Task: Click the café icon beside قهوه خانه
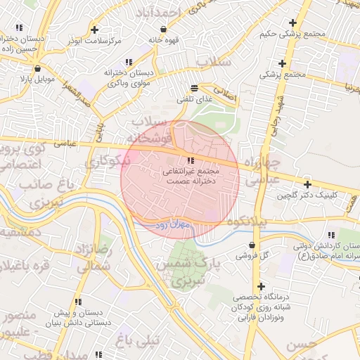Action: [164, 30]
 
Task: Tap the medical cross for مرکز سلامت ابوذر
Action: [94, 30]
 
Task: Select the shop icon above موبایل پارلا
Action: [37, 69]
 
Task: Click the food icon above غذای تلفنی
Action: [193, 89]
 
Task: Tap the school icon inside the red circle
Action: [191, 161]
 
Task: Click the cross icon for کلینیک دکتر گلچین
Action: [307, 184]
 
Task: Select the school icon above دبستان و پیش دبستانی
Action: [78, 302]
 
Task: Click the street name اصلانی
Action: [225, 92]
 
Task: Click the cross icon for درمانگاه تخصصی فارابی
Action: [261, 287]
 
